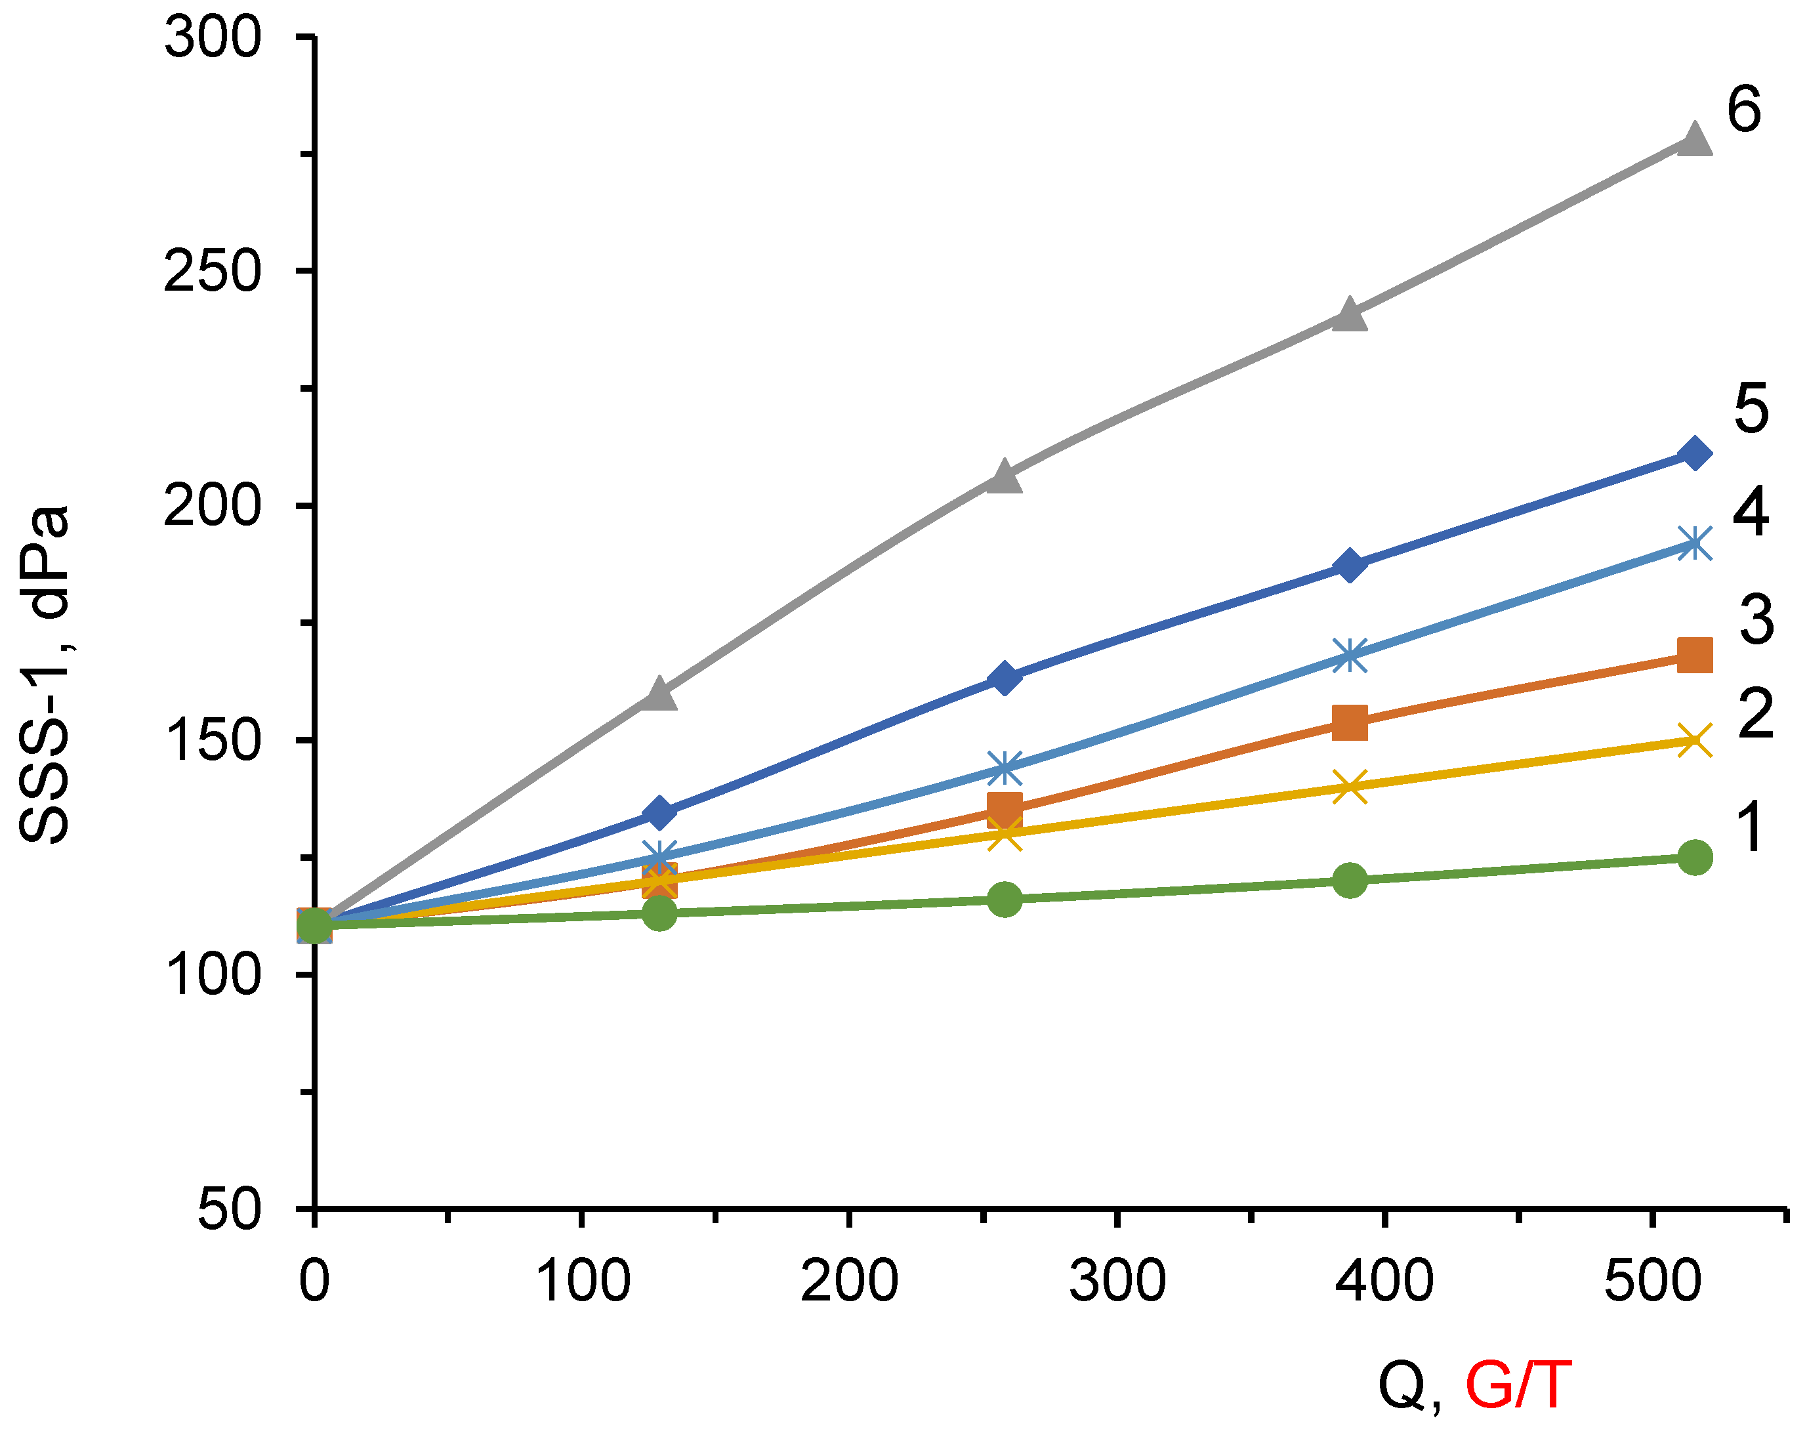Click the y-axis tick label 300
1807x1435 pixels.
click(x=212, y=37)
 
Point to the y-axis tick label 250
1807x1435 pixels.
click(x=212, y=272)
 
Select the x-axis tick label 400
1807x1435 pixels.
click(x=1384, y=1281)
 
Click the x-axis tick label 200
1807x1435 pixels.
click(x=849, y=1281)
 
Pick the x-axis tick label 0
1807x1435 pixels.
click(x=314, y=1281)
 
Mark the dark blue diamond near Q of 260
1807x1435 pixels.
click(x=1004, y=677)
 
